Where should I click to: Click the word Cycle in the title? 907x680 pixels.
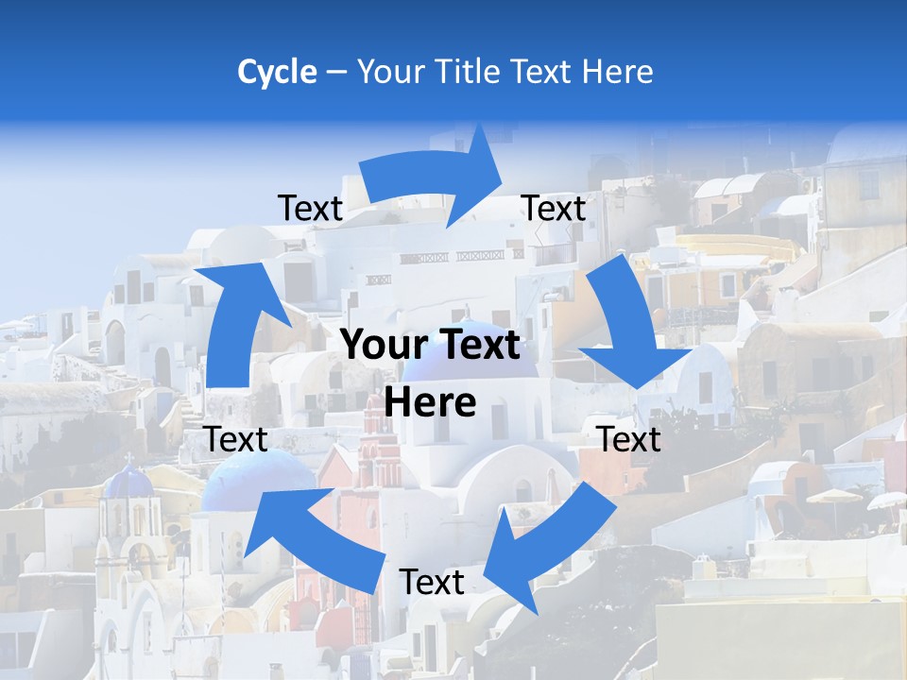click(x=277, y=72)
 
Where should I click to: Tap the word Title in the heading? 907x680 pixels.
click(x=463, y=72)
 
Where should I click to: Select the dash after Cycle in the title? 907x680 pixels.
click(x=336, y=73)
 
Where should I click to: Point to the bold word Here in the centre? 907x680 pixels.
click(x=430, y=403)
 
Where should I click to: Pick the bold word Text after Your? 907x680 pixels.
click(x=469, y=346)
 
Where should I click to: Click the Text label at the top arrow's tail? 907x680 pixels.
click(x=310, y=209)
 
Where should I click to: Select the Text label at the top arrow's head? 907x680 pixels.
click(x=554, y=209)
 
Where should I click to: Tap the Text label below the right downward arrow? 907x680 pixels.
click(x=629, y=439)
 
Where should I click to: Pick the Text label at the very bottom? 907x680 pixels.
click(x=432, y=582)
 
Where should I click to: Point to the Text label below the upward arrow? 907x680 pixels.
click(x=235, y=439)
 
